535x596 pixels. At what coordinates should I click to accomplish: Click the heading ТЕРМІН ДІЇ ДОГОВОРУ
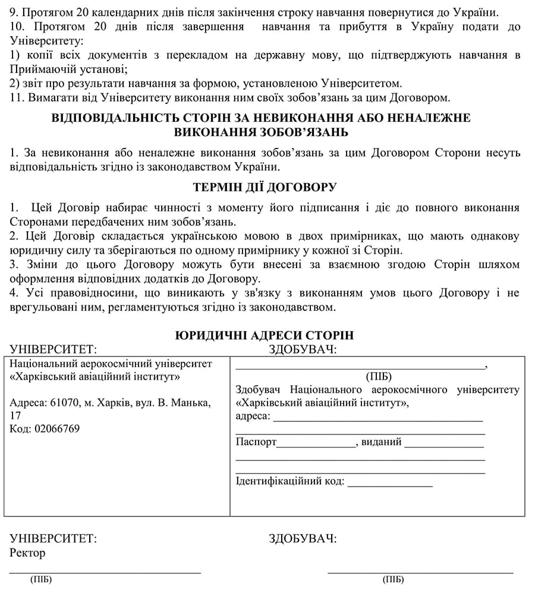pyautogui.click(x=265, y=188)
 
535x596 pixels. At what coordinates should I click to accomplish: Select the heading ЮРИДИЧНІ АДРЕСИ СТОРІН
pyautogui.click(x=265, y=335)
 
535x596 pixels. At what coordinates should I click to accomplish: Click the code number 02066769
pyautogui.click(x=56, y=428)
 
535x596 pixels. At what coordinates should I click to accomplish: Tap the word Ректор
pyautogui.click(x=28, y=553)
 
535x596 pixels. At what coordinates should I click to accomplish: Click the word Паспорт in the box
pyautogui.click(x=256, y=442)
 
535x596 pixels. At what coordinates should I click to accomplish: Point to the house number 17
pyautogui.click(x=16, y=415)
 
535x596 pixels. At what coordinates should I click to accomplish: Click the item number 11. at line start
pyautogui.click(x=17, y=97)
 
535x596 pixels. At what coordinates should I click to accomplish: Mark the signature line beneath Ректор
pyautogui.click(x=105, y=572)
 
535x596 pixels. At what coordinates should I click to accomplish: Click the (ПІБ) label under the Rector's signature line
pyautogui.click(x=40, y=580)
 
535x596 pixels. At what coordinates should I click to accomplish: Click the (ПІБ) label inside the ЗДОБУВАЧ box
pyautogui.click(x=379, y=376)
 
